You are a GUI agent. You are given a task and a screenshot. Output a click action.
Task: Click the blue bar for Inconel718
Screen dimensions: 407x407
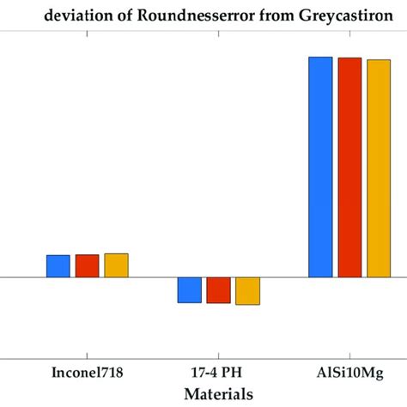point(58,266)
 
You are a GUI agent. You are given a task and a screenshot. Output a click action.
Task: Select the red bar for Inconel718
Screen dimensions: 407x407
point(88,266)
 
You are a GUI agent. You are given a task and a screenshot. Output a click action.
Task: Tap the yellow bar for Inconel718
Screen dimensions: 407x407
point(116,265)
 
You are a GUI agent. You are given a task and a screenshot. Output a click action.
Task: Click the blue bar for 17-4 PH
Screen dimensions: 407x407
point(190,290)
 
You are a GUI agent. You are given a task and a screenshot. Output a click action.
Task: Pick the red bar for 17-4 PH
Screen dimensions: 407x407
point(218,290)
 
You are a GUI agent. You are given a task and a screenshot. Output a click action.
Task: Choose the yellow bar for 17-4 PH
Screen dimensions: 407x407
point(247,291)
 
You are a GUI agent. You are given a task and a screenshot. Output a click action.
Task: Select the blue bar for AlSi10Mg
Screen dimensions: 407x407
point(320,167)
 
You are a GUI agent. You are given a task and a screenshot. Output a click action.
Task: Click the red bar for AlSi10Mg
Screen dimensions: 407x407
point(349,167)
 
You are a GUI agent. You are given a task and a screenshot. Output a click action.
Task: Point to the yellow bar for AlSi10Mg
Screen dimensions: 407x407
point(378,168)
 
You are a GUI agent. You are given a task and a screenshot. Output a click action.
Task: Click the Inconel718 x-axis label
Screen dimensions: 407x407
point(88,375)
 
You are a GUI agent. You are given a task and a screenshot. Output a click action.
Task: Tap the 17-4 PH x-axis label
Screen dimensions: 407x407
point(218,375)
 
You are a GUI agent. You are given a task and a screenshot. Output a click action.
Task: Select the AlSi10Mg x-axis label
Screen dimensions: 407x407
point(349,375)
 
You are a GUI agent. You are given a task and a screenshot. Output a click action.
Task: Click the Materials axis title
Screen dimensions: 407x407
point(218,394)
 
